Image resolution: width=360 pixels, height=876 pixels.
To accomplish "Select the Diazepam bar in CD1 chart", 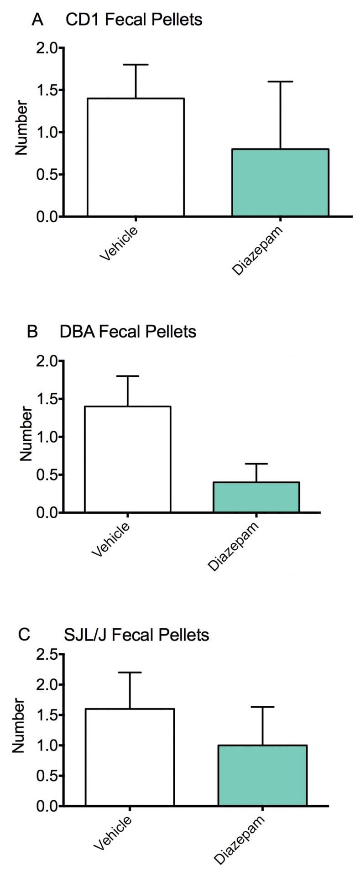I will tap(280, 182).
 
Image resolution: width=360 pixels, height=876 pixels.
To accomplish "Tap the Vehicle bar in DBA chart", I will tap(128, 459).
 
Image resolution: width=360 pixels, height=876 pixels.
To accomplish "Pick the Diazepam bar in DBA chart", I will tap(256, 497).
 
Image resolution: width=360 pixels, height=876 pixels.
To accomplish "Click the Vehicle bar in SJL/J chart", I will tap(130, 757).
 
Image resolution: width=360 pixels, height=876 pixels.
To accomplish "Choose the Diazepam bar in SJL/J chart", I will tap(262, 776).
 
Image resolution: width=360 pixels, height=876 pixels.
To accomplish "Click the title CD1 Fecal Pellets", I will tap(134, 20).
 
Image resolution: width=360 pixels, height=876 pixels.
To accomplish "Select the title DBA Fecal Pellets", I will tap(128, 332).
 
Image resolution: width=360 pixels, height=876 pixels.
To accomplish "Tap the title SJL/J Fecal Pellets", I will tap(136, 635).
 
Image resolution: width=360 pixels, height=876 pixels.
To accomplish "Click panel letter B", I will tap(32, 332).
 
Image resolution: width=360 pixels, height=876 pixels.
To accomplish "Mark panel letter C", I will tap(24, 635).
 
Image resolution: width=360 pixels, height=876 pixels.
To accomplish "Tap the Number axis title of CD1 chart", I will tap(21, 128).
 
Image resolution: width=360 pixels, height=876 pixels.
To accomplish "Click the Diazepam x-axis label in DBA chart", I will tap(233, 546).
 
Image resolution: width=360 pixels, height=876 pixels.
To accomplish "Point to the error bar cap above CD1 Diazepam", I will tap(280, 81).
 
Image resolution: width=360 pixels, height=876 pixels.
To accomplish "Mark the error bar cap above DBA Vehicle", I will tap(128, 376).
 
